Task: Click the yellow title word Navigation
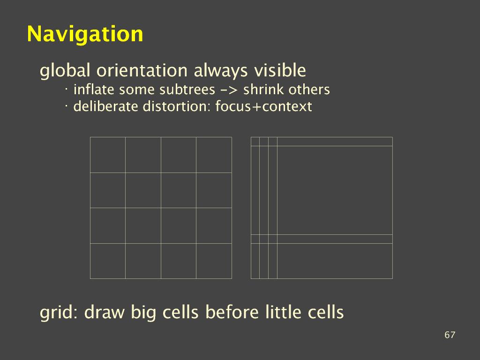point(85,34)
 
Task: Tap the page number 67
point(450,335)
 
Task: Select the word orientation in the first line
point(142,70)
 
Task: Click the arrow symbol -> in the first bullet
point(229,90)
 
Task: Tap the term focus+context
point(263,106)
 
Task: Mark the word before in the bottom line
point(232,312)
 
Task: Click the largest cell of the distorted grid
point(335,190)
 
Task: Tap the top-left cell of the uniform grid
point(108,155)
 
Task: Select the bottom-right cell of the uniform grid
point(214,261)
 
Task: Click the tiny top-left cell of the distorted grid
point(255,142)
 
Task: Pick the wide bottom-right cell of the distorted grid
point(335,261)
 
